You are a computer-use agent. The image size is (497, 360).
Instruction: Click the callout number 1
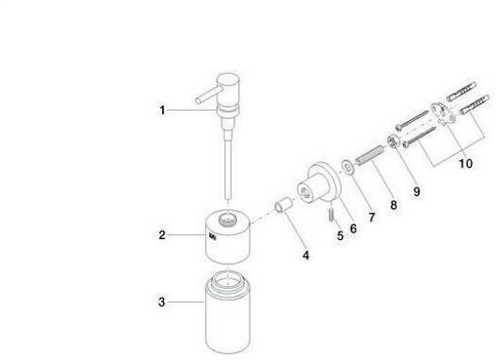(162, 111)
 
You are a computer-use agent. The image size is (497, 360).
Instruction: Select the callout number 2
(162, 235)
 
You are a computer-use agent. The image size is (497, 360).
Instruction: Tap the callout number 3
(161, 302)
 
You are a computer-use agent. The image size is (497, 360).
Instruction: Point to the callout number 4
(306, 255)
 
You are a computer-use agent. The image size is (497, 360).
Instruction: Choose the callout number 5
(340, 235)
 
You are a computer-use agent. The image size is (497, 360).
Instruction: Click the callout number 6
(354, 229)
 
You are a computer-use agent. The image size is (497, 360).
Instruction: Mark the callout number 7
(371, 217)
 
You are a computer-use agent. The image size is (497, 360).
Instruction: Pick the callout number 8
(393, 205)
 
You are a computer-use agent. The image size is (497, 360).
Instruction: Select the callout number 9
(416, 191)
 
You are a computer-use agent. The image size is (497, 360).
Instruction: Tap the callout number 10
(466, 164)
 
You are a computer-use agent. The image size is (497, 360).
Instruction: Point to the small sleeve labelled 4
(283, 204)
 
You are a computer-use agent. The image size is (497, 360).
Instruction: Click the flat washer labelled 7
(348, 167)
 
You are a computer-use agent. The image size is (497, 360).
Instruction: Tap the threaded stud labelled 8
(370, 155)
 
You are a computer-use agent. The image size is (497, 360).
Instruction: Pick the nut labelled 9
(393, 141)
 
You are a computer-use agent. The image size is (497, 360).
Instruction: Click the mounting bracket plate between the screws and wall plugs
(443, 113)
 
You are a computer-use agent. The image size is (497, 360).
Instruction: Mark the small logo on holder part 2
(213, 236)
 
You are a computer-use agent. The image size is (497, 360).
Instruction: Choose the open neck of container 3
(228, 278)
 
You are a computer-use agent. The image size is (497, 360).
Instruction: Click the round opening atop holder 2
(228, 218)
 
